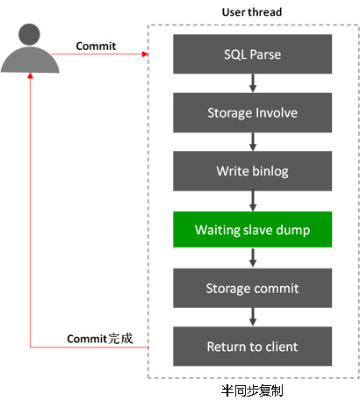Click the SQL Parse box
coord(252,54)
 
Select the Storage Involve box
coord(252,112)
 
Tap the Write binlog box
coord(252,171)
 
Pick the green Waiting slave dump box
coord(252,230)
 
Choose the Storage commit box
coord(252,288)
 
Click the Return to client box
coord(252,347)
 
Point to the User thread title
coord(252,12)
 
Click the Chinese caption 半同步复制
coord(252,390)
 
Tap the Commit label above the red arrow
coord(96,46)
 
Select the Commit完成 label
coord(100,339)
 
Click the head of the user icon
coord(29,34)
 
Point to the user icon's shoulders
coord(30,60)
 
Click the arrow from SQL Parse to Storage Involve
coord(253,83)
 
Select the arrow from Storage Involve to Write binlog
coord(253,142)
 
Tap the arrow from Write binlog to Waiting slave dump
coord(253,201)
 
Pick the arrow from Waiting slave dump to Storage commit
coord(253,258)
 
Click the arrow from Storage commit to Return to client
coord(253,317)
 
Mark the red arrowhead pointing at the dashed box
coord(145,54)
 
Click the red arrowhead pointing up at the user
coord(30,75)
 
